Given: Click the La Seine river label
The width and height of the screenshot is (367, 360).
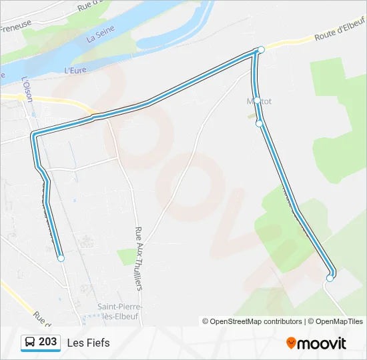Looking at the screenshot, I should [x=101, y=34].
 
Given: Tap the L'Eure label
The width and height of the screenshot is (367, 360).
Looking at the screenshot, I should [x=77, y=69].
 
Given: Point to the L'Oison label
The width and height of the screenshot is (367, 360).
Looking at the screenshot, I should [x=27, y=88].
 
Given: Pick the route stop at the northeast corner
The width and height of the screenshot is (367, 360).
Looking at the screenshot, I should [x=261, y=50].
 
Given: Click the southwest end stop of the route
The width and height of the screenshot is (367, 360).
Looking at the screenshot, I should [x=61, y=258].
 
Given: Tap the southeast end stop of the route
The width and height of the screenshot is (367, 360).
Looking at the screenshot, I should [x=329, y=279].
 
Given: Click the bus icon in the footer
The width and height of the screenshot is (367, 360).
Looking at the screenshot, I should [x=30, y=343].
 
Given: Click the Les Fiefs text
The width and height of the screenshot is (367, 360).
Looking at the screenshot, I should [x=88, y=343].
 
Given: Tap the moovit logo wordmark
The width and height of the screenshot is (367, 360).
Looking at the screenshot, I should [x=322, y=343].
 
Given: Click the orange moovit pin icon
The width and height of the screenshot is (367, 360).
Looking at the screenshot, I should [x=291, y=343].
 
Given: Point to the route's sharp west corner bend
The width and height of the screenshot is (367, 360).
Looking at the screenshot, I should [x=33, y=135].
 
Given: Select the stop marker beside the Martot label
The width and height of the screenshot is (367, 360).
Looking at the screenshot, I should [x=257, y=101].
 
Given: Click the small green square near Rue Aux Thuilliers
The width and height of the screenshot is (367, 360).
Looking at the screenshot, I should [x=125, y=256].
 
